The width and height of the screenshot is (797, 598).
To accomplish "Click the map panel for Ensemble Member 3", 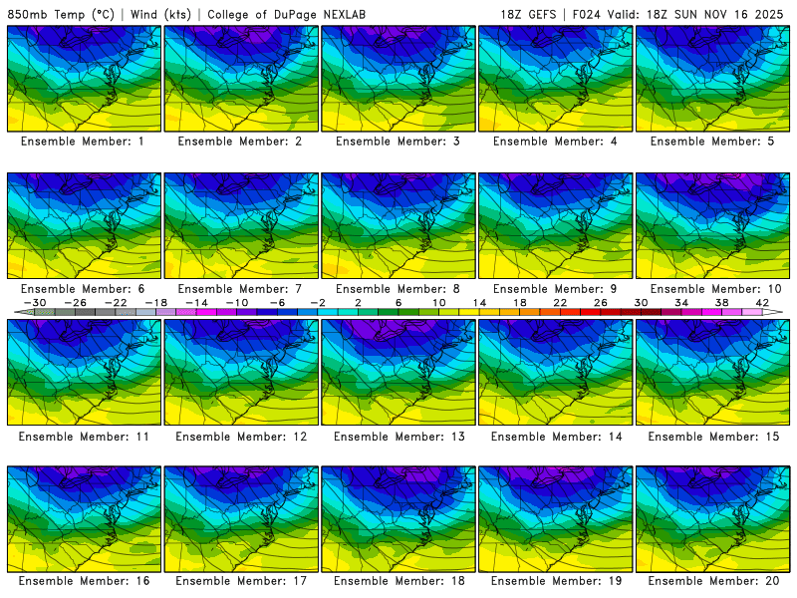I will click(398, 79).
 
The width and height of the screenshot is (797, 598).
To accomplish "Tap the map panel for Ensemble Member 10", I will click(713, 225).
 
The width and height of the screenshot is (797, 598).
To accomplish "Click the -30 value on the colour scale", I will click(34, 302).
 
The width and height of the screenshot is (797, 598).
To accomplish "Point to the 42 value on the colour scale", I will click(762, 302).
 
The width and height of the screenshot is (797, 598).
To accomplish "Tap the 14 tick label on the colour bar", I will click(479, 302).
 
